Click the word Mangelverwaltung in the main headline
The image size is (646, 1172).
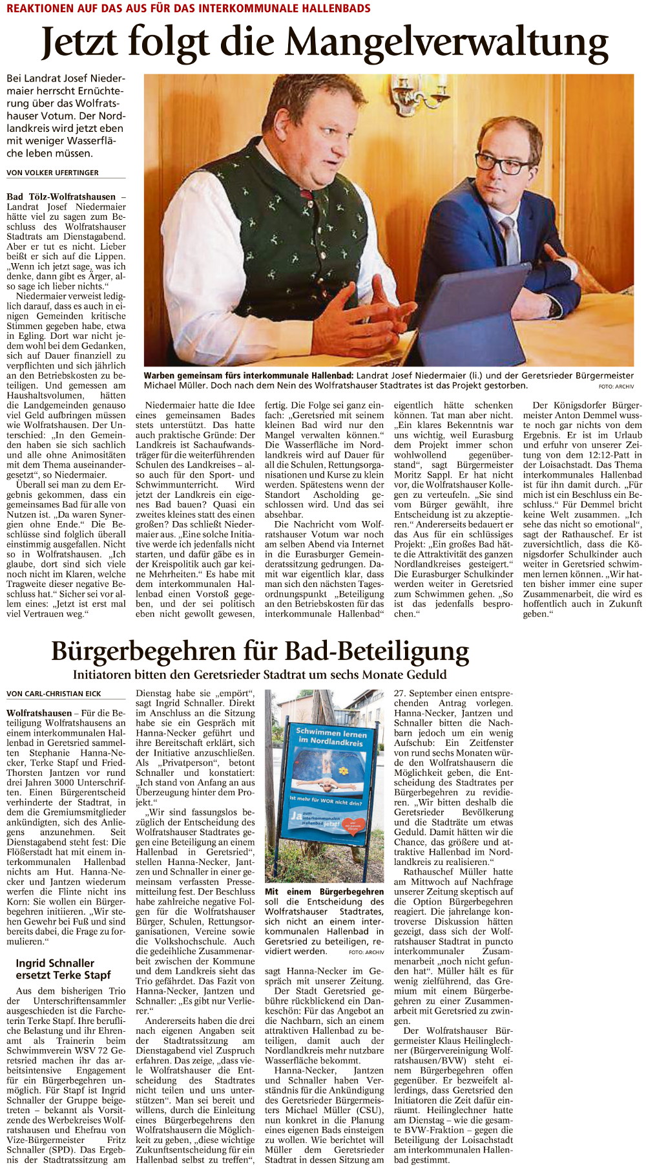[446, 43]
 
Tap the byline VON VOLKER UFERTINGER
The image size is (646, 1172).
[52, 173]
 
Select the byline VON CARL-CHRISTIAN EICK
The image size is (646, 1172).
[54, 694]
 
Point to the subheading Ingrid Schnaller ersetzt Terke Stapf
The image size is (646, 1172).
[63, 969]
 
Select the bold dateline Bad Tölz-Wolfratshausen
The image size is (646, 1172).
[61, 197]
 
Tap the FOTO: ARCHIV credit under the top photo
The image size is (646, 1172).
[616, 387]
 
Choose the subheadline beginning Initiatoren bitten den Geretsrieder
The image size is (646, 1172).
[260, 674]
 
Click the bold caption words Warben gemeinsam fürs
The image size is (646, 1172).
[198, 376]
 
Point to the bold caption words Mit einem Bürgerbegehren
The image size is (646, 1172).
[324, 891]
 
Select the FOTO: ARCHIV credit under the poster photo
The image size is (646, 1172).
[366, 952]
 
